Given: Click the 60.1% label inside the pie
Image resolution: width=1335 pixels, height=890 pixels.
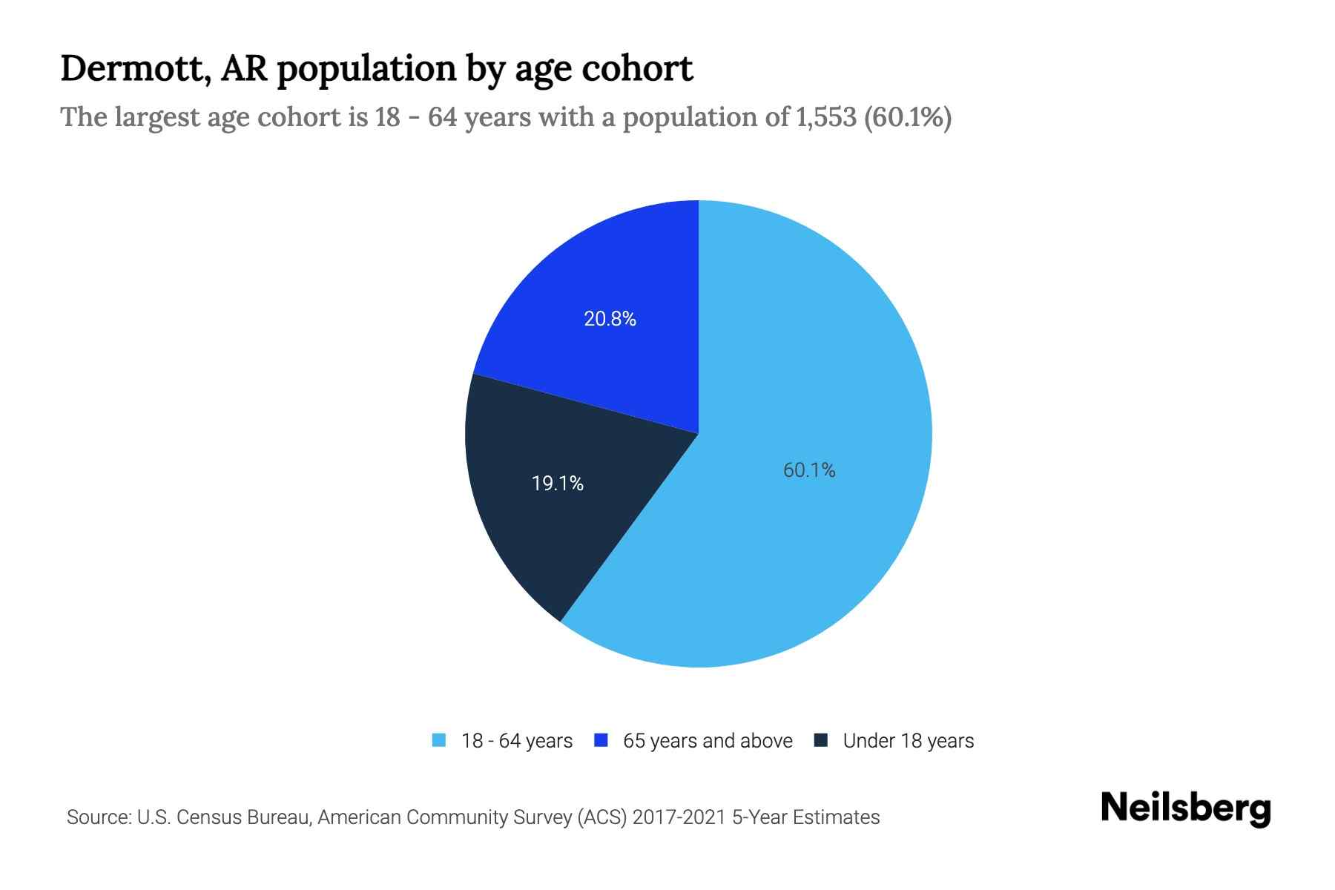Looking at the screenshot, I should (809, 470).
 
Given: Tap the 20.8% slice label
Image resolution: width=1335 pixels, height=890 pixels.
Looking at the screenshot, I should (610, 319).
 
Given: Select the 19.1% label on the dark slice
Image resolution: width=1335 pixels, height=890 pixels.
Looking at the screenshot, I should (558, 484).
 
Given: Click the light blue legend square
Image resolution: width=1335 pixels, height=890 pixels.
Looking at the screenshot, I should (439, 740).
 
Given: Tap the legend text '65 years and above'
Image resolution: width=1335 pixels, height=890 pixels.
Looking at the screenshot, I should (708, 741).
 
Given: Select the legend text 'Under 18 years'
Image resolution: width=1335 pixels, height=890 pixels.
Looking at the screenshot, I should (908, 741).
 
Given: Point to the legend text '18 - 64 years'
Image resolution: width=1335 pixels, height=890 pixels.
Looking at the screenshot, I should (517, 741).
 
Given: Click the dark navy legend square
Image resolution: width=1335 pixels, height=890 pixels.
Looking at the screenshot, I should (820, 740).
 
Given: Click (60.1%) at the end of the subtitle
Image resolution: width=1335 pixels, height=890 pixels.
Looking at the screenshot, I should (908, 117).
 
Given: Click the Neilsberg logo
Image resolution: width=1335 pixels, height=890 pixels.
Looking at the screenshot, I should (1185, 808).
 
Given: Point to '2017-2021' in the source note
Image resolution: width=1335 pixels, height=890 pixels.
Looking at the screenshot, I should (679, 817).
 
